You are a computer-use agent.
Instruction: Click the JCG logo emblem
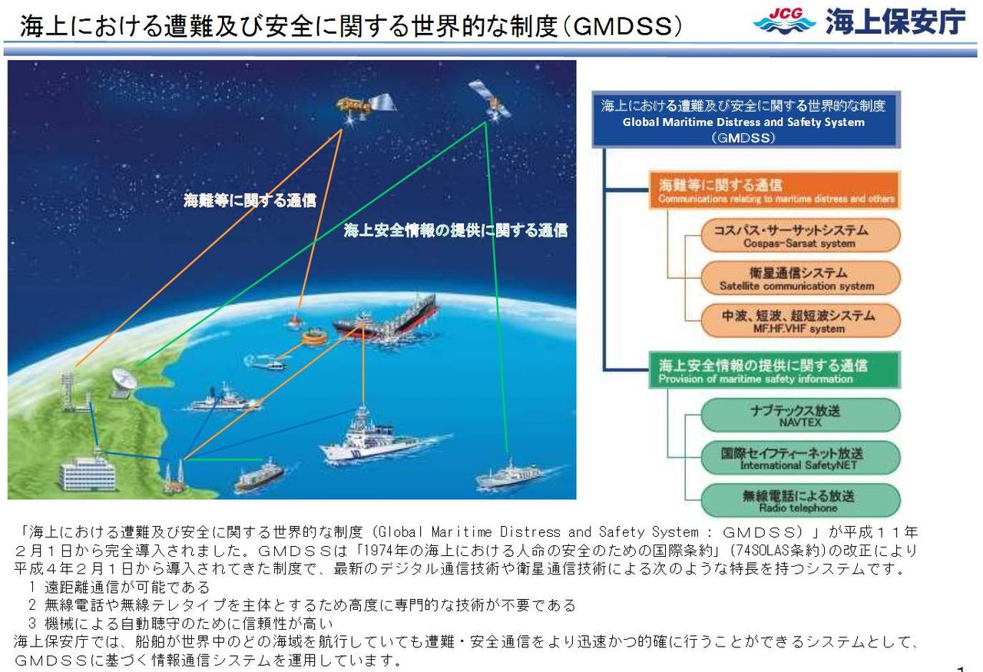pyautogui.click(x=785, y=21)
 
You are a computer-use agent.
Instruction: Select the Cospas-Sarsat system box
pyautogui.click(x=799, y=236)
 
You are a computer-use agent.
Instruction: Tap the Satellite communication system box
pyautogui.click(x=799, y=278)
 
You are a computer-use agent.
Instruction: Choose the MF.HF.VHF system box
pyautogui.click(x=799, y=321)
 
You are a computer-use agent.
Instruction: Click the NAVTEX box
pyautogui.click(x=799, y=415)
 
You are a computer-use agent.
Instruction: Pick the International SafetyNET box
pyautogui.click(x=799, y=458)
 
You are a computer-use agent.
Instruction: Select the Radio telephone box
pyautogui.click(x=799, y=501)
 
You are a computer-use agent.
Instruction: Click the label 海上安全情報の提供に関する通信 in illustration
pyautogui.click(x=455, y=230)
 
